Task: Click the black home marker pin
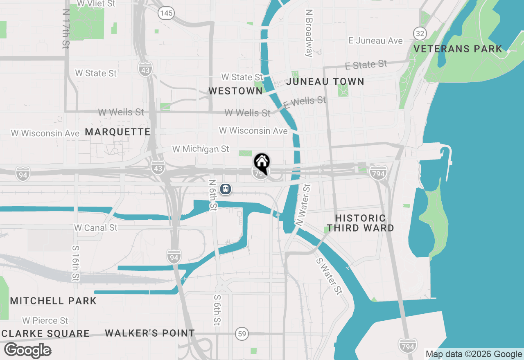pyautogui.click(x=262, y=162)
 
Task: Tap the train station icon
pyautogui.click(x=225, y=189)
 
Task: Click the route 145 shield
pyautogui.click(x=166, y=13)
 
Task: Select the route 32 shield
pyautogui.click(x=420, y=34)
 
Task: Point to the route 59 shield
pyautogui.click(x=242, y=334)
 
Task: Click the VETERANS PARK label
pyautogui.click(x=458, y=49)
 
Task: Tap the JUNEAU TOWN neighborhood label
pyautogui.click(x=325, y=81)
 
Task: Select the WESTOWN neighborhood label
pyautogui.click(x=235, y=91)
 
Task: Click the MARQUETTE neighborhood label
pyautogui.click(x=118, y=132)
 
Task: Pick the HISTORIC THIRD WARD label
pyautogui.click(x=360, y=223)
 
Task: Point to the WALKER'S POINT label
pyautogui.click(x=150, y=333)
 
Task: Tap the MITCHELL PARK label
pyautogui.click(x=53, y=301)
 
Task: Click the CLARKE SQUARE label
pyautogui.click(x=45, y=333)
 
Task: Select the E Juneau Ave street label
pyautogui.click(x=375, y=40)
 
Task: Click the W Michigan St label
pyautogui.click(x=201, y=149)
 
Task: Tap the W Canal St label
pyautogui.click(x=96, y=227)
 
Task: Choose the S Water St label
pyautogui.click(x=329, y=276)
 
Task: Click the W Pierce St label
pyautogui.click(x=45, y=320)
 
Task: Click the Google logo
pyautogui.click(x=28, y=351)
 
